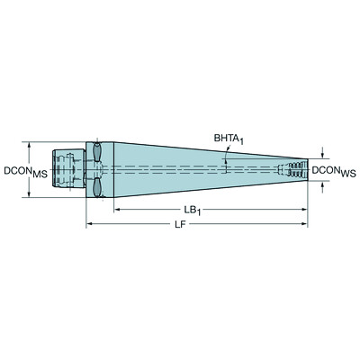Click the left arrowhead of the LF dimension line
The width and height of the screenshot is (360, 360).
89,224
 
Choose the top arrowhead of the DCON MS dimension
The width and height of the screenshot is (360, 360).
31,144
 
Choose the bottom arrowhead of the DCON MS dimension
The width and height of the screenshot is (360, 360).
31,193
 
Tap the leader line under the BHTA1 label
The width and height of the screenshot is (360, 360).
226,153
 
